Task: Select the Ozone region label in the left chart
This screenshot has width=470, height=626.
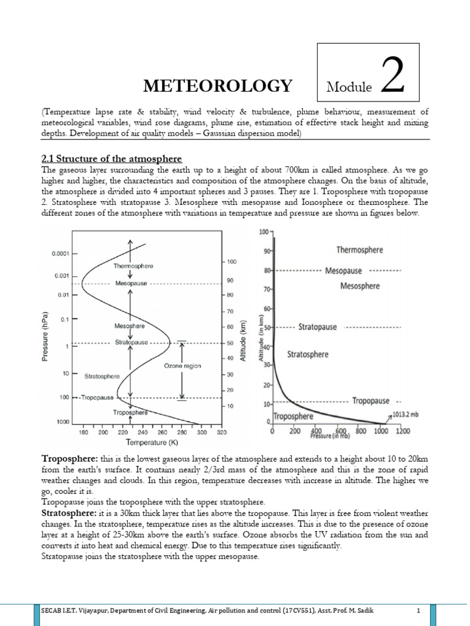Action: coord(182,366)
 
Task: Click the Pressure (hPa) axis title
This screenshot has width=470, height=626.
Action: coord(46,336)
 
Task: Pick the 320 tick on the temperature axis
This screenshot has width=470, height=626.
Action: coord(221,432)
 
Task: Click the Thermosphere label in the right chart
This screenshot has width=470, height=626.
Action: coord(360,249)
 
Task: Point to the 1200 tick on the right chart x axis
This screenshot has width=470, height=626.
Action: coord(403,431)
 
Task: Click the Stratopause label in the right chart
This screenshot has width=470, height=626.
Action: coord(318,327)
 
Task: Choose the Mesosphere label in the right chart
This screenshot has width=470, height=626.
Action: coord(360,285)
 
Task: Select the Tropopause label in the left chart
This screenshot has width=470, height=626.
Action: coord(97,397)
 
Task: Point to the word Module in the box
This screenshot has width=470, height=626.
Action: coord(349,87)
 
